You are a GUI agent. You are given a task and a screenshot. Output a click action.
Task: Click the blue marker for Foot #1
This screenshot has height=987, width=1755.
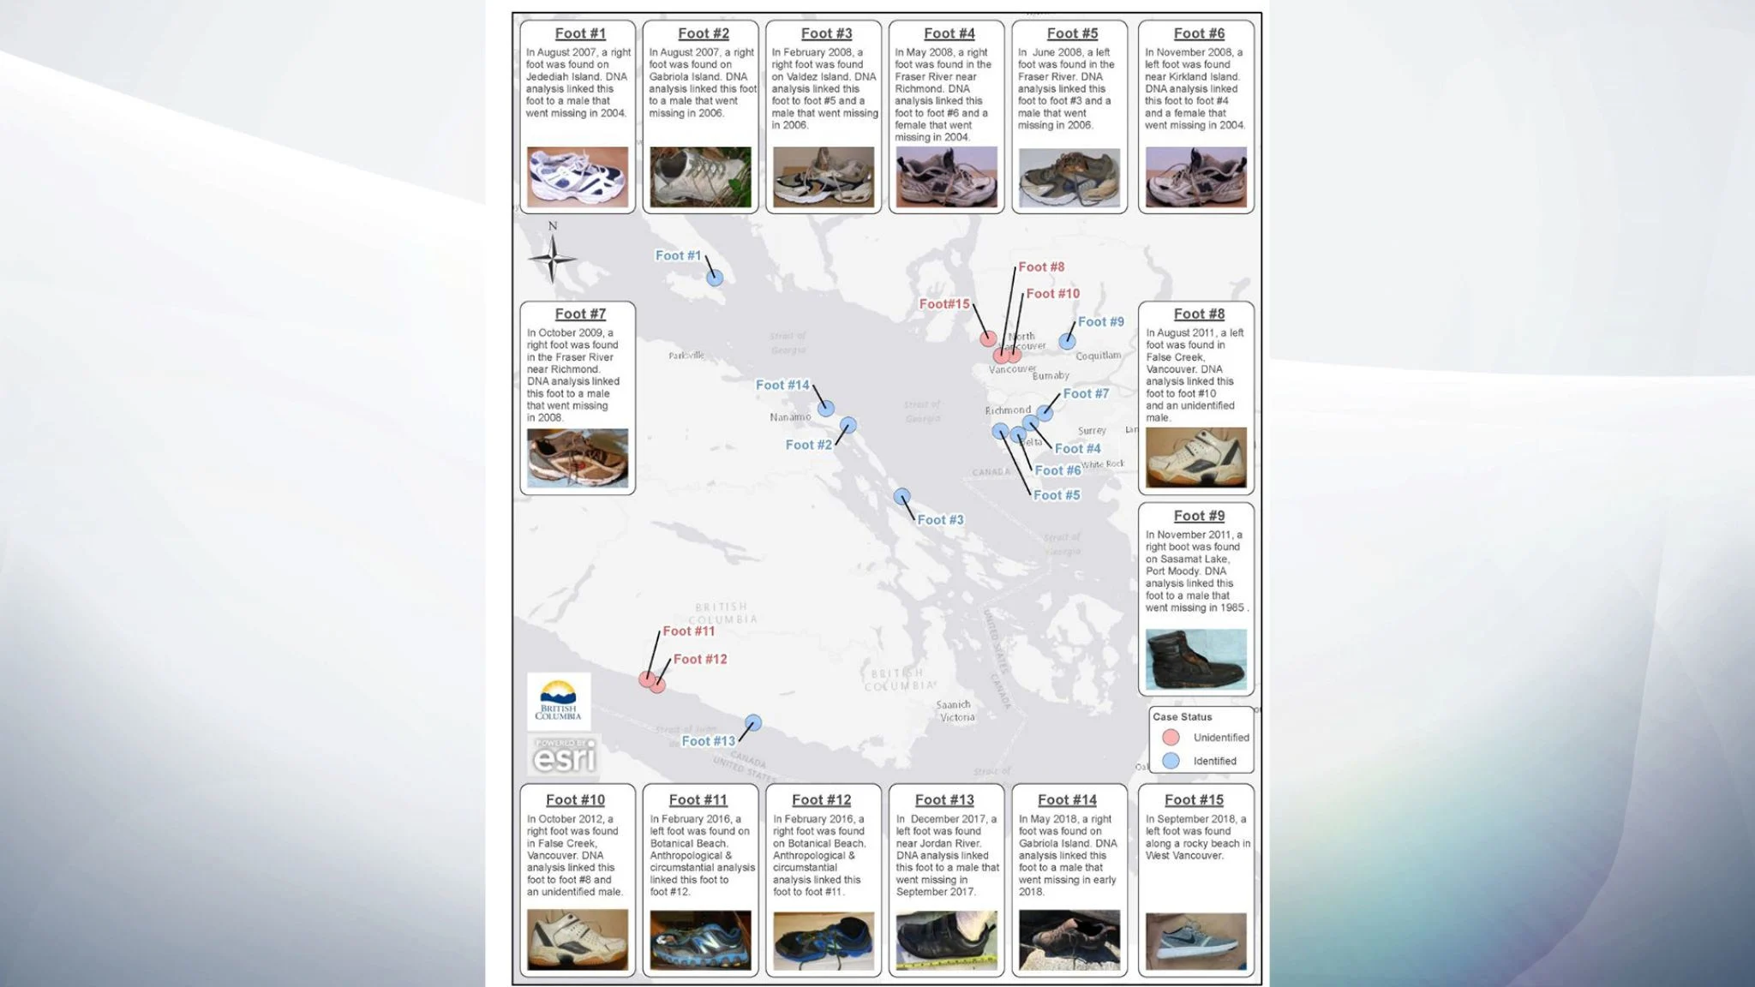tap(715, 278)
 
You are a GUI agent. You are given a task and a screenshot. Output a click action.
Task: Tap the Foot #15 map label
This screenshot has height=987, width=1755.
tap(944, 304)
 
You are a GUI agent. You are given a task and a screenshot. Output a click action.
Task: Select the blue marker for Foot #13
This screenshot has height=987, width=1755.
tap(752, 723)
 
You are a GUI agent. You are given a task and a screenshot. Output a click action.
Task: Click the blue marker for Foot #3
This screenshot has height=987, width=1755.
tap(901, 497)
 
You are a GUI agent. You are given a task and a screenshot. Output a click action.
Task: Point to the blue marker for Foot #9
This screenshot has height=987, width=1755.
tap(1067, 341)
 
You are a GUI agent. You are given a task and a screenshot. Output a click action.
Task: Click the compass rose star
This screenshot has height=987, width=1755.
tap(552, 258)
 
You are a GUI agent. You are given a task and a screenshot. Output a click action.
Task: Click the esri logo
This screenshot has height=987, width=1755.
tap(563, 756)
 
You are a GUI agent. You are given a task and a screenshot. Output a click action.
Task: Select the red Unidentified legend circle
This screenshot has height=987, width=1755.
tap(1171, 738)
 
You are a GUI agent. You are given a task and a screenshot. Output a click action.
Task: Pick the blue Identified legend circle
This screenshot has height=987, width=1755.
tap(1171, 761)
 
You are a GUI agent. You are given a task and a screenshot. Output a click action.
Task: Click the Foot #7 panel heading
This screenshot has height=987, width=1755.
tap(580, 314)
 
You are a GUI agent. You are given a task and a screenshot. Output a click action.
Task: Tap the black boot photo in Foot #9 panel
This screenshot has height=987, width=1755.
tap(1195, 660)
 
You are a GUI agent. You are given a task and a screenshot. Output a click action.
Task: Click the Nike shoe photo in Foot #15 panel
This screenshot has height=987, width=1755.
tap(1195, 941)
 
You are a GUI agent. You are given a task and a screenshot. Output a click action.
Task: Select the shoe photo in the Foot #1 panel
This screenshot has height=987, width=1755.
tap(577, 177)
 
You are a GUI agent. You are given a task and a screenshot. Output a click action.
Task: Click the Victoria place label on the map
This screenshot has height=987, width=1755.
tap(957, 717)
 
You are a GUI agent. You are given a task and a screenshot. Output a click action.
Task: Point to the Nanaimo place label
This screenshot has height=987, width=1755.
tap(790, 417)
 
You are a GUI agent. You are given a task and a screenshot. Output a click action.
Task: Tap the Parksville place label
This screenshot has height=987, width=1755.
tap(686, 356)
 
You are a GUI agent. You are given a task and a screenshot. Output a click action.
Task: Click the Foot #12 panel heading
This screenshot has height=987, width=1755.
tap(821, 800)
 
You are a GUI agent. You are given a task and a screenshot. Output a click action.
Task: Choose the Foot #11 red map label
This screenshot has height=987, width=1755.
tap(688, 631)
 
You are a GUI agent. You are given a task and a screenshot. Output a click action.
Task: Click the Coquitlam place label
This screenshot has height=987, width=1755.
tap(1098, 356)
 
